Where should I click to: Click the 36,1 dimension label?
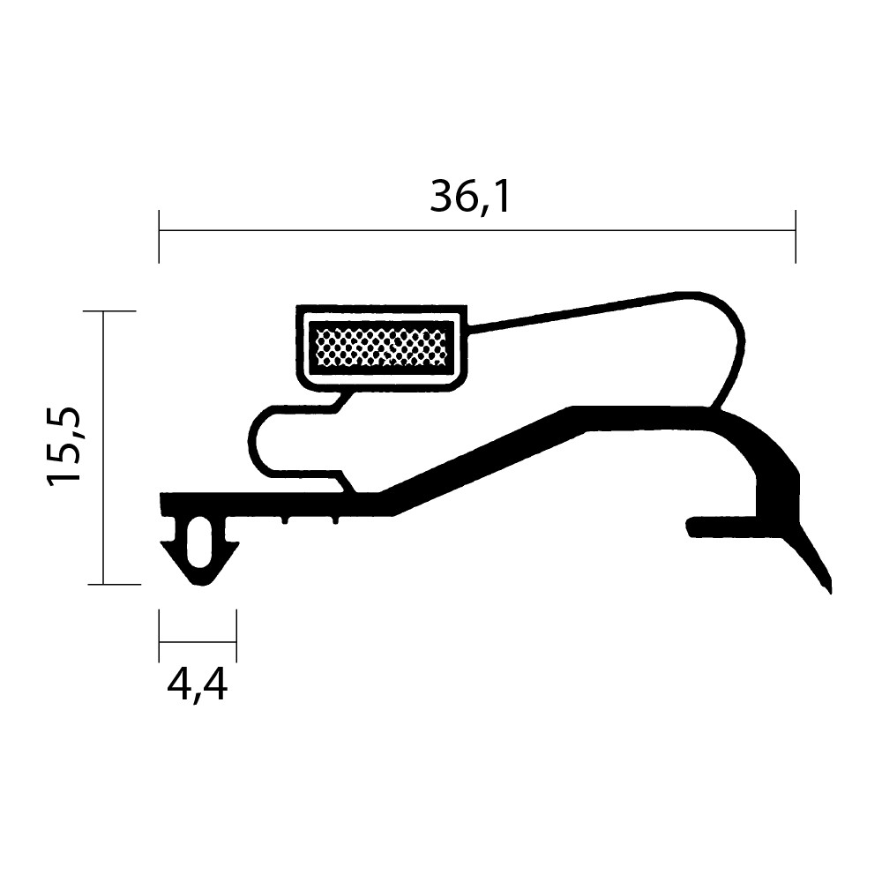pyautogui.click(x=470, y=198)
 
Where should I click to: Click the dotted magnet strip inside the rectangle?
pyautogui.click(x=381, y=347)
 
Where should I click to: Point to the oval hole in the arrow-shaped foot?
pyautogui.click(x=199, y=542)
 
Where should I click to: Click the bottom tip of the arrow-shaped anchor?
pyautogui.click(x=200, y=586)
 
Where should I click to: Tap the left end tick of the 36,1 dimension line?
pyautogui.click(x=159, y=236)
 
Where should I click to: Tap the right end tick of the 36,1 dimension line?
pyautogui.click(x=796, y=236)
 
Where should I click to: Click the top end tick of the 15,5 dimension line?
pyautogui.click(x=109, y=311)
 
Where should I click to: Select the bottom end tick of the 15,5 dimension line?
pyautogui.click(x=114, y=585)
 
